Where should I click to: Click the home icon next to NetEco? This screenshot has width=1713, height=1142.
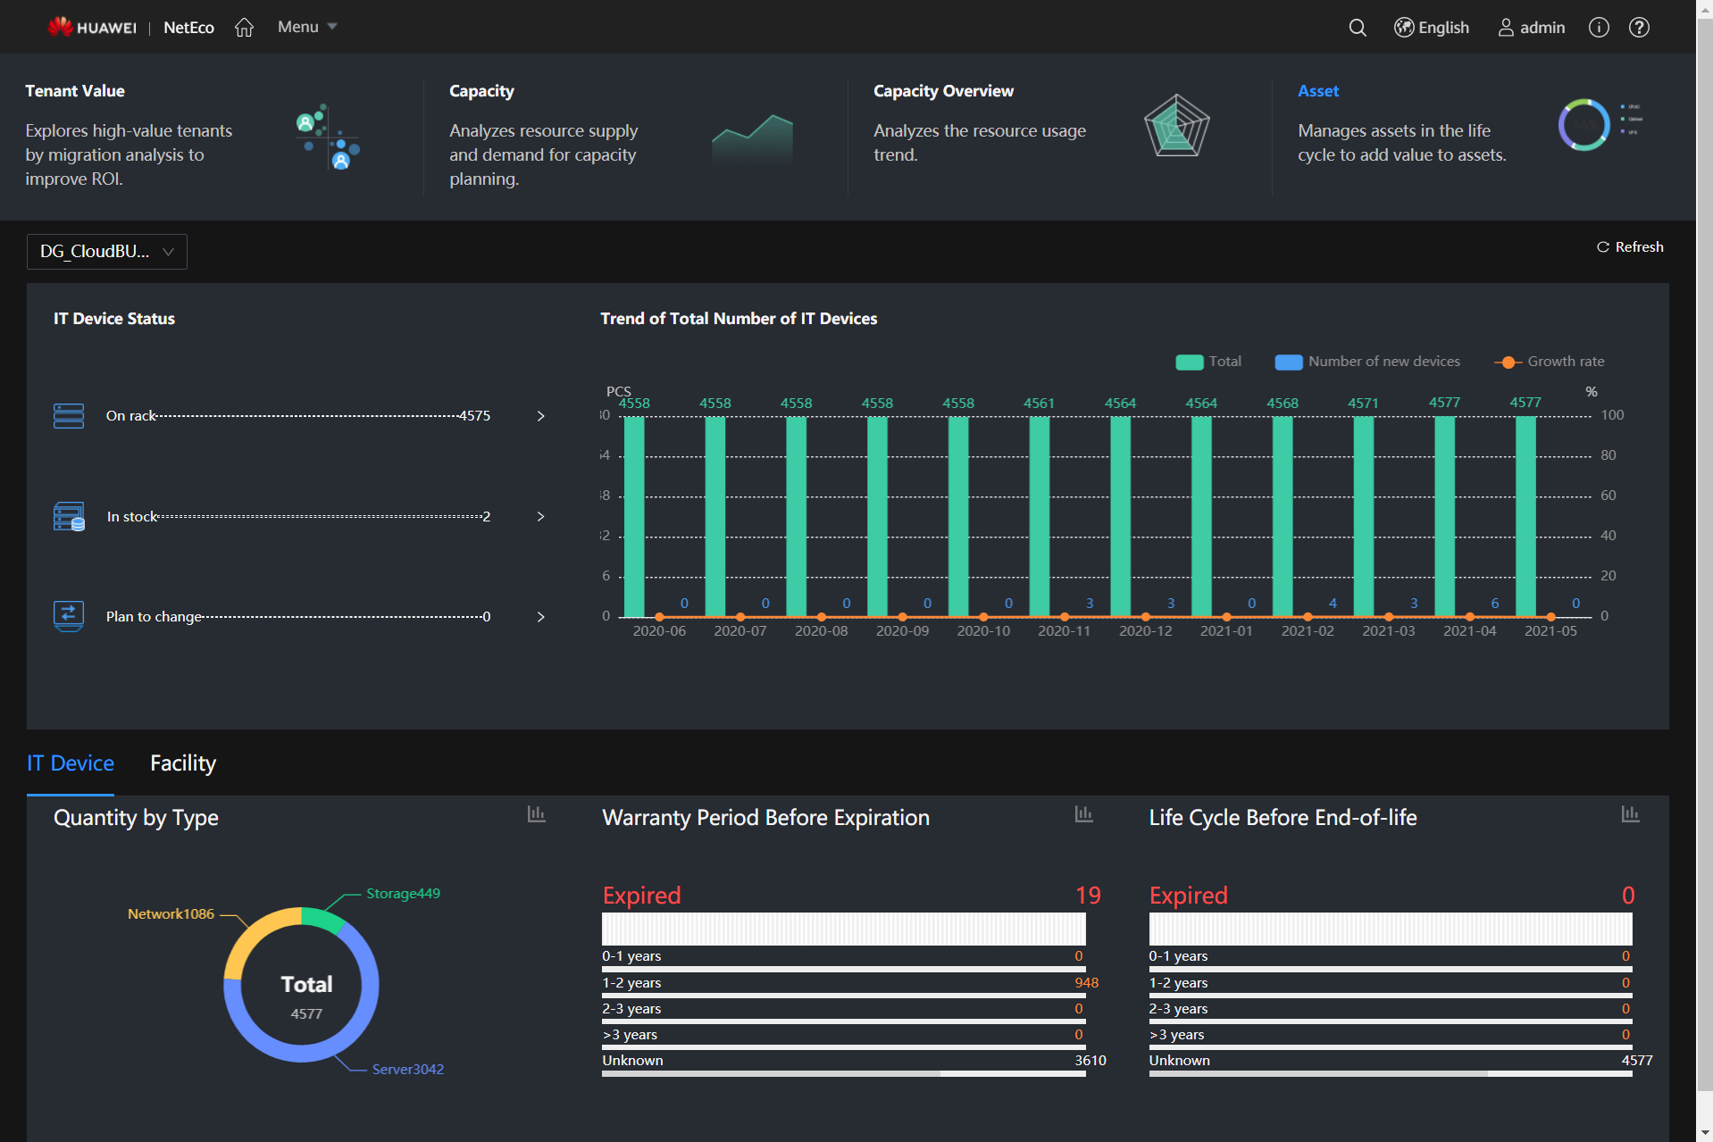pos(244,28)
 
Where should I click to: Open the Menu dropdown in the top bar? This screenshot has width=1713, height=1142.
pos(306,27)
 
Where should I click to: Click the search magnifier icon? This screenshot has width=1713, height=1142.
pos(1357,28)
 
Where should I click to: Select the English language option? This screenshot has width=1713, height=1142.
pos(1432,28)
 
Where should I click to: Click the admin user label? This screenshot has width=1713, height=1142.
pos(1532,28)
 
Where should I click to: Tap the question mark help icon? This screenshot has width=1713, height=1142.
pos(1639,28)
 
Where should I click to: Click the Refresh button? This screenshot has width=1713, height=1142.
pos(1630,247)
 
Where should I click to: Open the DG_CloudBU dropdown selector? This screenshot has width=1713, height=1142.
pos(107,252)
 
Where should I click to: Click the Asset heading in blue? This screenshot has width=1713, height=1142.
pos(1317,91)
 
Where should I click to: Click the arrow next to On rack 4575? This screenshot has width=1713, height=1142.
pos(540,416)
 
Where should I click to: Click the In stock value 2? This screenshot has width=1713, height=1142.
pos(486,517)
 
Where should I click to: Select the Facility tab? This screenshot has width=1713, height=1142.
pos(183,763)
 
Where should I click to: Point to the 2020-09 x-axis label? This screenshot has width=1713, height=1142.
pos(902,631)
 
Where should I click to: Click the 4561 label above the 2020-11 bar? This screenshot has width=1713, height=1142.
pos(1039,404)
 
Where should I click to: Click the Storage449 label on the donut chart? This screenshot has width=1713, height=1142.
pos(403,894)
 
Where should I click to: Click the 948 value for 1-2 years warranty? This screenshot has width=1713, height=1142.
pos(1086,983)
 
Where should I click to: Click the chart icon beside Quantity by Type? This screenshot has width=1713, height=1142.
pos(536,814)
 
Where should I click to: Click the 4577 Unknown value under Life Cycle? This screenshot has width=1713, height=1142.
pos(1636,1061)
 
